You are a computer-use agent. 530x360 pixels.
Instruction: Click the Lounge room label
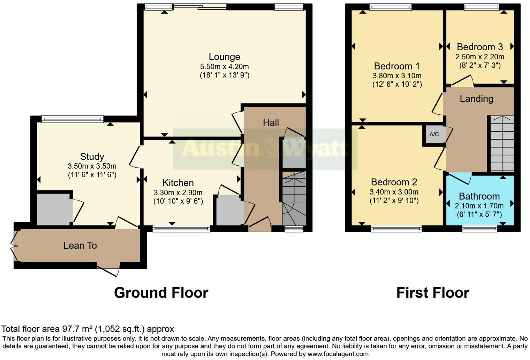[x=224, y=57]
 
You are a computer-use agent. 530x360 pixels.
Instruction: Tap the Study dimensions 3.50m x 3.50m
[x=92, y=166]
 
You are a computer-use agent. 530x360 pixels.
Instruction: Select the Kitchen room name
[x=178, y=183]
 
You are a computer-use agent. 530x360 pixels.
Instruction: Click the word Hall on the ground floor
[x=271, y=122]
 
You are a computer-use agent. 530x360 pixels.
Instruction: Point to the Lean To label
[x=80, y=246]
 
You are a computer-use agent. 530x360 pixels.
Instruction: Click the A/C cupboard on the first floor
[x=434, y=134]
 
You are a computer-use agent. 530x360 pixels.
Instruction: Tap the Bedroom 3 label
[x=479, y=47]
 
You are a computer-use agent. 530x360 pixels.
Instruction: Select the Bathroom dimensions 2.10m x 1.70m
[x=479, y=206]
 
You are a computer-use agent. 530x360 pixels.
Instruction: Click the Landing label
[x=476, y=99]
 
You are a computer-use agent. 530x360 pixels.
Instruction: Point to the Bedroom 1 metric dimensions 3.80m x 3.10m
[x=397, y=76]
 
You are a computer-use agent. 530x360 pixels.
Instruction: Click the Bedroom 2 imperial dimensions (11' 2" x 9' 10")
[x=394, y=201]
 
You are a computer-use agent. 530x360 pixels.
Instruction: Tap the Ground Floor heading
[x=161, y=293]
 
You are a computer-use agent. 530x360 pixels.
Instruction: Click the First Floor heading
[x=433, y=293]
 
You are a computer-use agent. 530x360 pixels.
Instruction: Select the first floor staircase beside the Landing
[x=502, y=143]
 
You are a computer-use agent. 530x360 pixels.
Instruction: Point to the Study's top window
[x=73, y=119]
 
